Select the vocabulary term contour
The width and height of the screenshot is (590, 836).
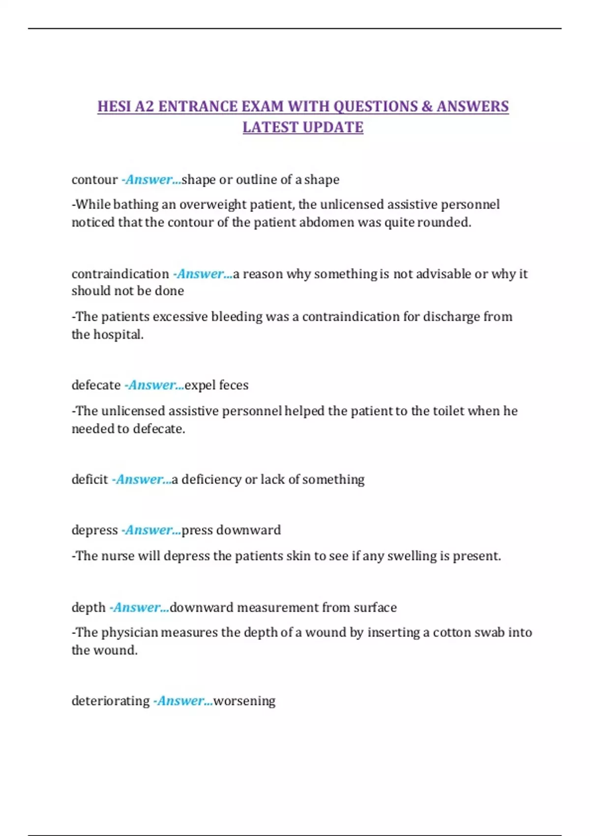(94, 179)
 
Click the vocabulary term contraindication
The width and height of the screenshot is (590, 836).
(120, 273)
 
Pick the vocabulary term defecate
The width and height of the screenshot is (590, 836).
(96, 385)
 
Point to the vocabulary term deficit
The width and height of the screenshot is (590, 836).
(89, 479)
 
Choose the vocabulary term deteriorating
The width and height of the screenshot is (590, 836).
(110, 701)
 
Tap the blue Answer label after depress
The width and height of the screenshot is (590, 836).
(151, 530)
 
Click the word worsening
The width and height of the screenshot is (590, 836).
(244, 701)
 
